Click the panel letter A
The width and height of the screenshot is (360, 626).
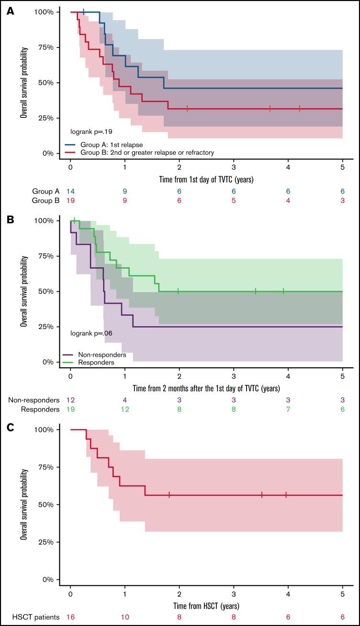point(10,11)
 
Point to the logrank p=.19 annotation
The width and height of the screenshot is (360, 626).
point(91,130)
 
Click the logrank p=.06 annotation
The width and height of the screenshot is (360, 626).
point(91,332)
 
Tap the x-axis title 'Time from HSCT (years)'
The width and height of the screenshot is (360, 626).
point(207,606)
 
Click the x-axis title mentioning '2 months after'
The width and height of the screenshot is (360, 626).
point(207,388)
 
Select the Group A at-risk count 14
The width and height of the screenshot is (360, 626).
point(70,191)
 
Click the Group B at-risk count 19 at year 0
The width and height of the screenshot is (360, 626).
point(70,200)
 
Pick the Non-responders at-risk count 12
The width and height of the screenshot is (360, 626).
point(70,400)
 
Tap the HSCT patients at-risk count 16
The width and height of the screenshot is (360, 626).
point(70,617)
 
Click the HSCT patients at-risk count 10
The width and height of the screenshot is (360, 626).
point(124,617)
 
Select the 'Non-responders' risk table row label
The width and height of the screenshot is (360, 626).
point(34,400)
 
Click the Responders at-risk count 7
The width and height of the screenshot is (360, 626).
point(288,409)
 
